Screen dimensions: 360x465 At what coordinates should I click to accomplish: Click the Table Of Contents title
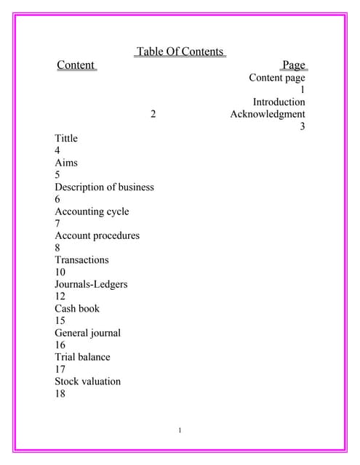coord(180,52)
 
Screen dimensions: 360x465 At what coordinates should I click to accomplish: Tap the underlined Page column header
coord(294,65)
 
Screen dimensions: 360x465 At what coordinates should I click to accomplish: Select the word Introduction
coord(279,102)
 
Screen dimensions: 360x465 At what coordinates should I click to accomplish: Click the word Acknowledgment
coord(268,114)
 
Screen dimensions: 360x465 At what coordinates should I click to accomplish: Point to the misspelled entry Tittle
coord(66,138)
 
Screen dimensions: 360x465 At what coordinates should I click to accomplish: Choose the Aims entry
coord(66,163)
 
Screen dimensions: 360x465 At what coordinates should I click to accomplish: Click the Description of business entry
coord(104,187)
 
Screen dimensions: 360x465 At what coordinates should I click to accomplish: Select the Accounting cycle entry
coord(92,211)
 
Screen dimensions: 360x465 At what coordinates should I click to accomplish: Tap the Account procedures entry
coord(97,235)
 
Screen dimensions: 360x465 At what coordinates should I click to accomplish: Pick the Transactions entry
coord(81,259)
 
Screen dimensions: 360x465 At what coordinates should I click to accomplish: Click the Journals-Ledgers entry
coord(91,284)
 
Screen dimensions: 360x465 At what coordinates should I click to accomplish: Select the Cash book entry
coord(77,308)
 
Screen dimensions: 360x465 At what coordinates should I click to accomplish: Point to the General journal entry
coord(87,333)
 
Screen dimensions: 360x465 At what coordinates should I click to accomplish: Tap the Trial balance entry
coord(82,357)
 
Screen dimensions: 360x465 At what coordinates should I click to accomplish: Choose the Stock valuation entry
coord(87,381)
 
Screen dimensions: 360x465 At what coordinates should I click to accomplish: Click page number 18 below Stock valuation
coord(60,393)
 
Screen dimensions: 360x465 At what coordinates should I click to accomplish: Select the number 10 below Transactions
coord(60,272)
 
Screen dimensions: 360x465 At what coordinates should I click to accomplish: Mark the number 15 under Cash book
coord(60,320)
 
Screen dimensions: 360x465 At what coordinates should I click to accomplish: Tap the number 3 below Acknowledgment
coord(302,126)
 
